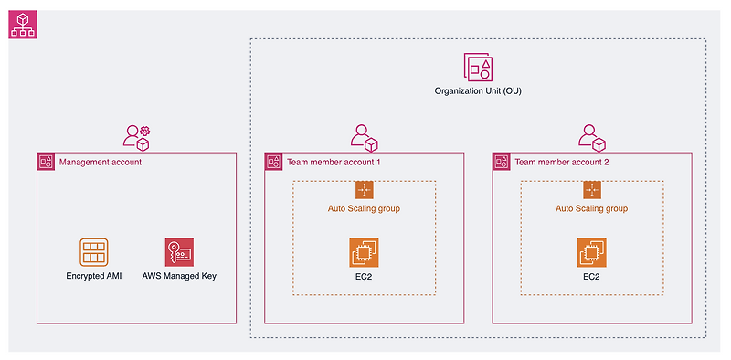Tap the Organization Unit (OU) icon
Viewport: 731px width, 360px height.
478,68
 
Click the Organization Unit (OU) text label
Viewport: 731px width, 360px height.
478,92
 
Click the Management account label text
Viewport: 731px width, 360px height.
100,162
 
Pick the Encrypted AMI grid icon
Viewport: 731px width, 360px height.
93,252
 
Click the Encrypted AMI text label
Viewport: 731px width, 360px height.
93,275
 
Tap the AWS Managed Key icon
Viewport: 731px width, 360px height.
179,252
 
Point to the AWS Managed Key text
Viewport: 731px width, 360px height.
179,275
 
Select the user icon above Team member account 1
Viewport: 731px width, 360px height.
364,137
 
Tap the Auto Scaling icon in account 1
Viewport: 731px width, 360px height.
364,190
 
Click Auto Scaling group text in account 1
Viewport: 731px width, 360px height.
364,208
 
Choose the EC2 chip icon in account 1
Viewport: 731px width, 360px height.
364,252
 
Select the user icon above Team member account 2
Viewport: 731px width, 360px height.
592,137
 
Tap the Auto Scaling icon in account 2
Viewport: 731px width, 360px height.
592,190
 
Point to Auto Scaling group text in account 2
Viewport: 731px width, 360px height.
592,208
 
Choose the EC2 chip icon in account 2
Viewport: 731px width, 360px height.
592,252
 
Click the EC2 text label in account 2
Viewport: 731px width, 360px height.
592,275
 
